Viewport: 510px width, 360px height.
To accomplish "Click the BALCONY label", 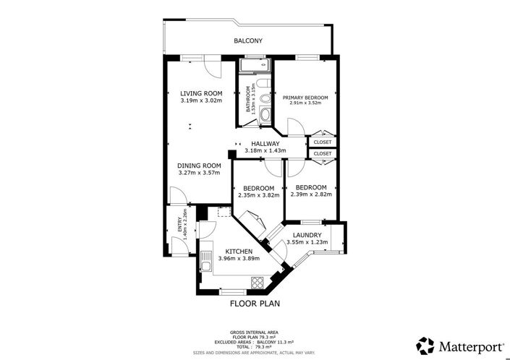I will [x=247, y=41].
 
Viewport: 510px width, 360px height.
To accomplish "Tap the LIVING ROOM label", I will [x=200, y=93].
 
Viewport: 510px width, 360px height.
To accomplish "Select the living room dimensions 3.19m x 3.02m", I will [x=200, y=101].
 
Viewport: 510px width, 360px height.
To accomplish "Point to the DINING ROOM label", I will [x=199, y=165].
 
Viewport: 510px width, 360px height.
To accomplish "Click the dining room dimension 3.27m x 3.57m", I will [x=199, y=173].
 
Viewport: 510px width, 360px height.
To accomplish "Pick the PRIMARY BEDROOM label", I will [x=305, y=98].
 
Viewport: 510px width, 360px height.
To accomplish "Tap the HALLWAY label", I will [x=265, y=144].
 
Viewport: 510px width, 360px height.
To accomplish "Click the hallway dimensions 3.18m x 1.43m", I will [x=265, y=151].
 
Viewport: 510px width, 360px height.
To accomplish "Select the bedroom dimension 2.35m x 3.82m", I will [x=258, y=194].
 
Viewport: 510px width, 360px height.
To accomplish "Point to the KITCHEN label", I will [x=238, y=251].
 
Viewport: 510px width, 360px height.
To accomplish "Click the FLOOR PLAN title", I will [x=255, y=304].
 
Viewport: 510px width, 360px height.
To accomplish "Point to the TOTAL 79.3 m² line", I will [x=255, y=346].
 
